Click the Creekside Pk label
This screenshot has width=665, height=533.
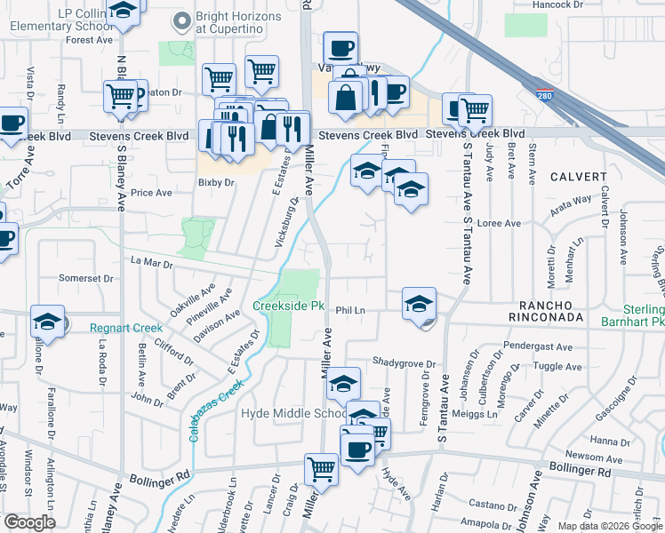click(x=289, y=306)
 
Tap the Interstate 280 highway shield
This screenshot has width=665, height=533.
click(x=541, y=94)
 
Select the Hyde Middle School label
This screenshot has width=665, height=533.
click(x=293, y=414)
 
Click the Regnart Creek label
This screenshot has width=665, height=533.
click(x=126, y=328)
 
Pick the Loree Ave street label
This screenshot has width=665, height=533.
click(x=499, y=223)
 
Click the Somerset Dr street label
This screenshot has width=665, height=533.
click(x=86, y=278)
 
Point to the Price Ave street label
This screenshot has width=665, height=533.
click(x=151, y=193)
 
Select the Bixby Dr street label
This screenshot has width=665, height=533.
click(x=216, y=182)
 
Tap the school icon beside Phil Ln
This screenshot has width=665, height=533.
click(x=419, y=303)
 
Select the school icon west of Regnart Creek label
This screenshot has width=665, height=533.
click(x=48, y=321)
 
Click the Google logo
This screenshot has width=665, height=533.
click(x=29, y=522)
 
